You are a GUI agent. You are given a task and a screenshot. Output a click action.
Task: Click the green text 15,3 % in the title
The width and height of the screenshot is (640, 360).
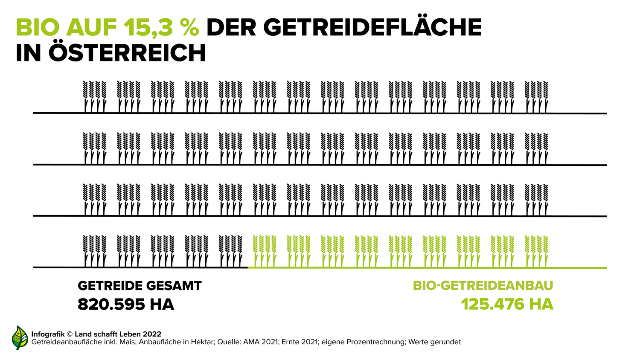coord(161,28)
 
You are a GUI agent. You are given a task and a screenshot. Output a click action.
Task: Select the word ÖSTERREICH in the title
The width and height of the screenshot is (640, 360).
coord(127,54)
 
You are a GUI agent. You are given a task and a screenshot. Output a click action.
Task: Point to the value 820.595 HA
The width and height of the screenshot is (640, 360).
coord(126,305)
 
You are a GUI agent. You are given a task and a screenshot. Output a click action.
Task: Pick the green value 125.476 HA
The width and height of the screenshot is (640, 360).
coord(507,305)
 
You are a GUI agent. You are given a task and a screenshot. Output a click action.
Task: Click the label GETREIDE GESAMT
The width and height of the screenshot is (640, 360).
coord(140,286)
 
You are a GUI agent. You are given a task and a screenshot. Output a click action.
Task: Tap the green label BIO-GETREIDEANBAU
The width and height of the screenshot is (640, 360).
coord(483,286)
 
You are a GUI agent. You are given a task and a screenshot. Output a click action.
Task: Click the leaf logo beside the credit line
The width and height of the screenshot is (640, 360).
coord(19,338)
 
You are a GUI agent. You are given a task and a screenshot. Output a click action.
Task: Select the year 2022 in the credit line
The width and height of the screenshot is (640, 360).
coord(152,334)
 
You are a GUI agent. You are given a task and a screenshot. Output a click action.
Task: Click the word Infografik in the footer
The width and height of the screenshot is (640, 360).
coord(48,334)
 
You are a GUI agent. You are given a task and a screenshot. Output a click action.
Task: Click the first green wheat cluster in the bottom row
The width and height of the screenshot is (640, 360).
coord(265,250)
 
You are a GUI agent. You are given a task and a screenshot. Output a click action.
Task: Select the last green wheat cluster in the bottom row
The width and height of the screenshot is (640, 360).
coord(536,250)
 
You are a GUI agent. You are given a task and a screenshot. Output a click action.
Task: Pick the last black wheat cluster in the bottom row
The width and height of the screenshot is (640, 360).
coord(230,250)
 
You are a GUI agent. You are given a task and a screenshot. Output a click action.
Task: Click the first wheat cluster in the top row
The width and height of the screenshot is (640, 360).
coord(94,96)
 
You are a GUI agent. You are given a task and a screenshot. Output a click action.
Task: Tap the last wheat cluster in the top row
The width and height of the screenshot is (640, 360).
coord(536,96)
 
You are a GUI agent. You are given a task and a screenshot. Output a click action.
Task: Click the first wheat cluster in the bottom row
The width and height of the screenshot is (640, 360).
coord(94,250)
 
